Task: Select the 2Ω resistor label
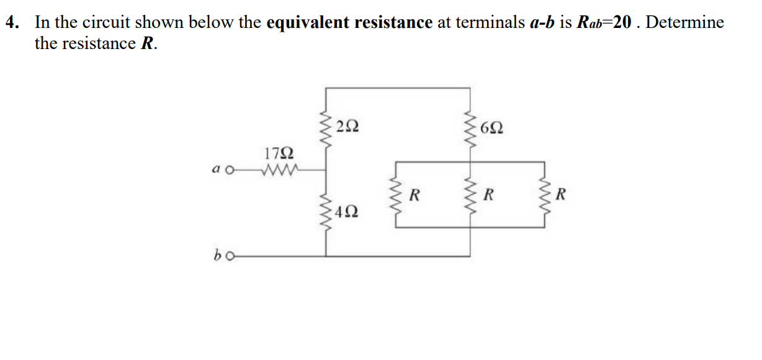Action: (x=347, y=127)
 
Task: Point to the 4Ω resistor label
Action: (x=347, y=212)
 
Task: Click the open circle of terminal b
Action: (x=231, y=256)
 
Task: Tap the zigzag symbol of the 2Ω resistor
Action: (x=326, y=128)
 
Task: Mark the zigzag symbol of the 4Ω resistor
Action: (x=326, y=212)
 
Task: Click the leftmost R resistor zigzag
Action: (x=397, y=196)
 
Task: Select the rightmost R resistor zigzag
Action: (x=544, y=196)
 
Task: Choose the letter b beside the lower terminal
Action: (x=218, y=254)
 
